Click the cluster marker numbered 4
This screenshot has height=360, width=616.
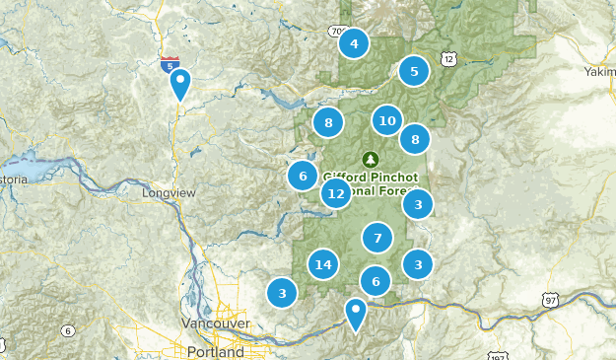click(x=353, y=43)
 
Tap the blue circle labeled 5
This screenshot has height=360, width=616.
click(x=414, y=71)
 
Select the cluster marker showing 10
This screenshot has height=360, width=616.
click(x=387, y=121)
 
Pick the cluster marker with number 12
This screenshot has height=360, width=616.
click(x=336, y=194)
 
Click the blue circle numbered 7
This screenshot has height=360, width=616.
click(x=376, y=238)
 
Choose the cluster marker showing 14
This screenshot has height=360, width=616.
click(x=322, y=264)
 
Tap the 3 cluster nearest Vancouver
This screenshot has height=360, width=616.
click(x=282, y=293)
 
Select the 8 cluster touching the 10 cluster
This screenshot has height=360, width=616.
click(x=415, y=140)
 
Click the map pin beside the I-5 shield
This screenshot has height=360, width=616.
click(x=179, y=83)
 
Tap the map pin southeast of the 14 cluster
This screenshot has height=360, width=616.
click(x=355, y=314)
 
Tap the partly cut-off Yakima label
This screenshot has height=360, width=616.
click(x=599, y=72)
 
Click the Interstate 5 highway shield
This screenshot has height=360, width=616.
click(x=170, y=65)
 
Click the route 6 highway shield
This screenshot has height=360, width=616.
click(x=66, y=330)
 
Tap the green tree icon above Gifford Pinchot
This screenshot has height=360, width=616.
click(x=371, y=159)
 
